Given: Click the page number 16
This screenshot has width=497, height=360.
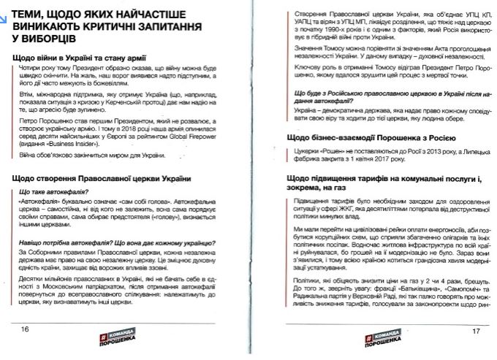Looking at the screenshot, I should coord(25,330).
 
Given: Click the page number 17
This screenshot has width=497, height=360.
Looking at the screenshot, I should coord(476,331).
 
